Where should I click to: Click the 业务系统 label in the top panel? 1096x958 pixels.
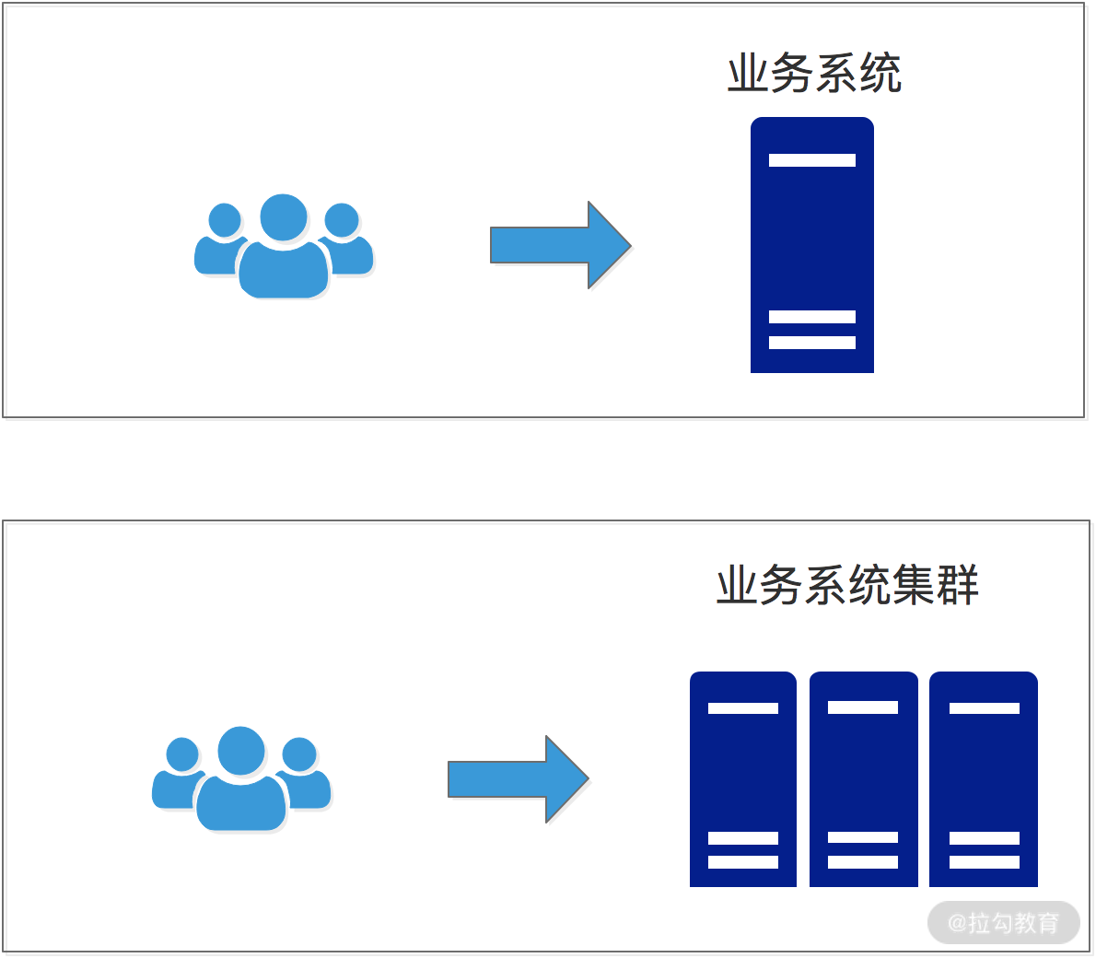click(814, 74)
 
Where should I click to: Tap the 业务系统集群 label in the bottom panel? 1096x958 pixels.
click(847, 585)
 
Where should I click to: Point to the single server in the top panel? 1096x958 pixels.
click(811, 245)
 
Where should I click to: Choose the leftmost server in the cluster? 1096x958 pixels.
click(742, 779)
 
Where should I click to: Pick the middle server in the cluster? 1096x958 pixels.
click(863, 779)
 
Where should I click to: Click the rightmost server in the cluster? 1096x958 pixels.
click(984, 779)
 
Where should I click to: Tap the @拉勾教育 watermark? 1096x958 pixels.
click(1003, 922)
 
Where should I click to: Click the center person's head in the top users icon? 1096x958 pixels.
click(284, 217)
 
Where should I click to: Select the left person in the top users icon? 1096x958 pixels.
click(219, 244)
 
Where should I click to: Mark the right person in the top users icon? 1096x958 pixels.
click(346, 244)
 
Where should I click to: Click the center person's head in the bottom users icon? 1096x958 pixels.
click(241, 750)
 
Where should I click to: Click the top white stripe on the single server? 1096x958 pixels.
click(811, 160)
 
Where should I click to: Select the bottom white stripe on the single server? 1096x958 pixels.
click(811, 343)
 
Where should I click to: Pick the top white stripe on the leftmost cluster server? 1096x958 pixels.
click(742, 707)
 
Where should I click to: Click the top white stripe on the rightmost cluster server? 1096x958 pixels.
click(984, 707)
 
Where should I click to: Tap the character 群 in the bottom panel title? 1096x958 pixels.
click(958, 585)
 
